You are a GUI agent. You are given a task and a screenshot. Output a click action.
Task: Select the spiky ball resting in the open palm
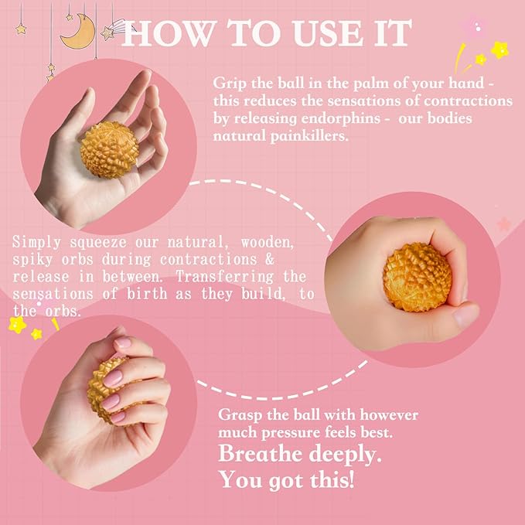pos(109,149)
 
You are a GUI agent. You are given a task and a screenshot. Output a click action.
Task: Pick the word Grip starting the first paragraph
pos(229,83)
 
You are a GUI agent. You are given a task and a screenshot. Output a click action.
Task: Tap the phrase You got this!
pos(287,480)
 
